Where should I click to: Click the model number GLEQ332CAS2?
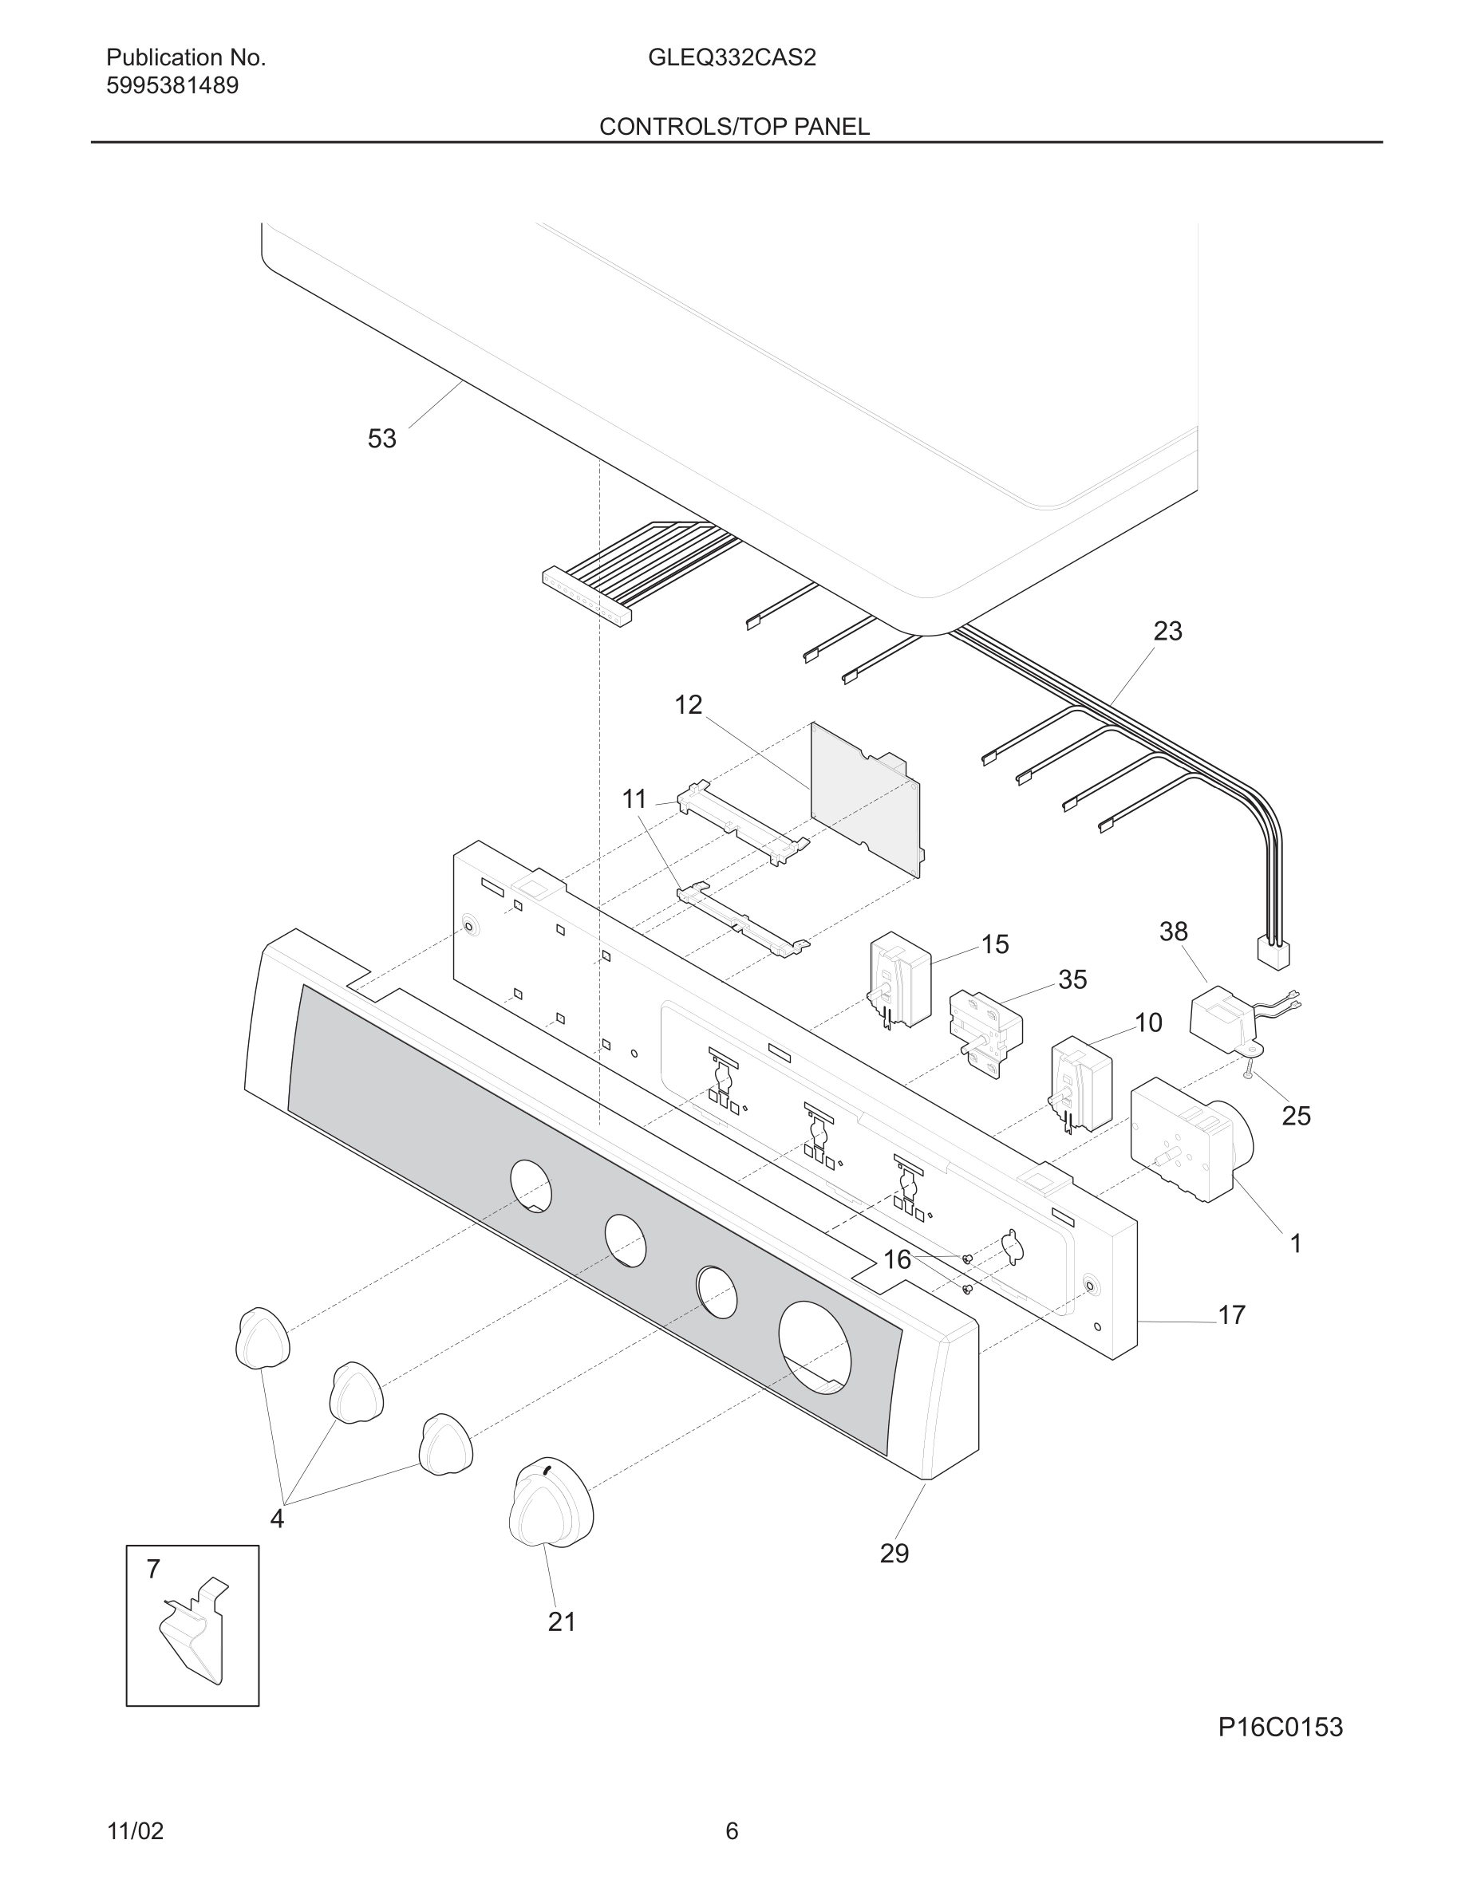tap(731, 58)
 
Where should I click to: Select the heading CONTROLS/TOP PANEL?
tap(733, 127)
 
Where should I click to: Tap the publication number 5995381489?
tap(172, 86)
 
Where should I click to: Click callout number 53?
tap(382, 439)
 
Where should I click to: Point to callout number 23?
tap(1167, 631)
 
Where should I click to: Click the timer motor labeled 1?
tap(1185, 1138)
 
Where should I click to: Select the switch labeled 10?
tap(1081, 1084)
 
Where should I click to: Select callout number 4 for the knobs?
tap(277, 1519)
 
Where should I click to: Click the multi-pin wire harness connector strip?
tap(586, 595)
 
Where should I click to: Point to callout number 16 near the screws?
tap(897, 1259)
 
